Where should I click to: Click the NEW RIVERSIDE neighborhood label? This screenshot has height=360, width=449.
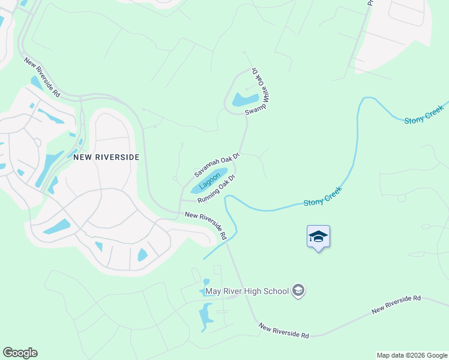106,157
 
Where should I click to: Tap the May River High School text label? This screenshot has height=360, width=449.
247,292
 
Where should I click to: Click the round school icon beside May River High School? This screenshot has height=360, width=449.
298,292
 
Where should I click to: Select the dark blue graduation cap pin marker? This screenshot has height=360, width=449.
318,238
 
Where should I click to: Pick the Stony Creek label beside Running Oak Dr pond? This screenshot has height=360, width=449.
323,196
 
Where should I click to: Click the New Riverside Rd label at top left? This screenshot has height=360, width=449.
42,77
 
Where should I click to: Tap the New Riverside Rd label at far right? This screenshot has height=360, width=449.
396,304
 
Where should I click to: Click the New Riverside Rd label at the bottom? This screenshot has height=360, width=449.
283,331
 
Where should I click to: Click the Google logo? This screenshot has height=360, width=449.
20,353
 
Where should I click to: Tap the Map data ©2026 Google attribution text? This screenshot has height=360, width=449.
411,355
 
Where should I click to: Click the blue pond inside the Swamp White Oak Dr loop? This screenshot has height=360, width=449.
246,99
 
